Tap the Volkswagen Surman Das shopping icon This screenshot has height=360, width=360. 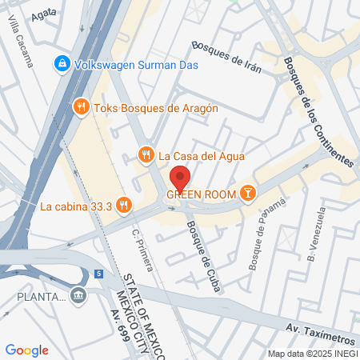(60, 62)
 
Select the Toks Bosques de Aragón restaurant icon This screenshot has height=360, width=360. (80, 106)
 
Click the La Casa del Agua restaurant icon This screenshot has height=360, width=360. (146, 155)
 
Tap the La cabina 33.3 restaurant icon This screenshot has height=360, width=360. (122, 206)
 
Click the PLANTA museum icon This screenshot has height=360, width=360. (78, 297)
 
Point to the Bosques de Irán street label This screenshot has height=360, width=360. (227, 57)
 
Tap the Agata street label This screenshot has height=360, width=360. (44, 15)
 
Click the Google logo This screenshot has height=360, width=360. (27, 350)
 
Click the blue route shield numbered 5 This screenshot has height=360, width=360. (98, 274)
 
